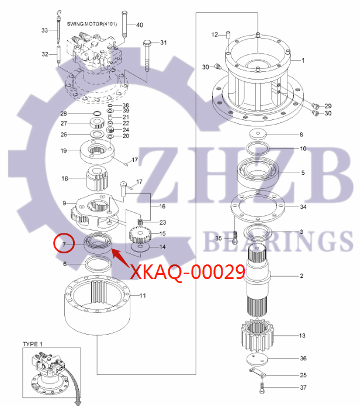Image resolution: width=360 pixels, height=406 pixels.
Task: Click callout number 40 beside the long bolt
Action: click(x=139, y=25)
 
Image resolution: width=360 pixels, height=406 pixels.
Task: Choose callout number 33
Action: click(x=44, y=30)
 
